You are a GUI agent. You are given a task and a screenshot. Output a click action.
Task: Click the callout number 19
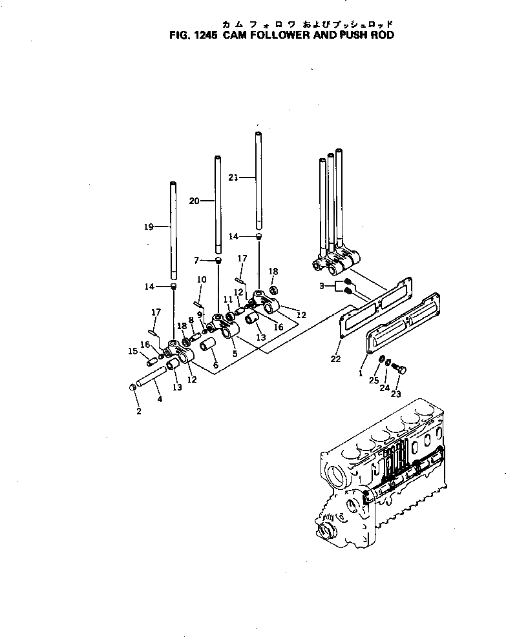pyautogui.click(x=148, y=227)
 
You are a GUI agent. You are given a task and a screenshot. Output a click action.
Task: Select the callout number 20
pyautogui.click(x=193, y=201)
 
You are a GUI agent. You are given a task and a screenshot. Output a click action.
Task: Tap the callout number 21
pyautogui.click(x=233, y=176)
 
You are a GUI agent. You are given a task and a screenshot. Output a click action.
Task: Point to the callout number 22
pyautogui.click(x=335, y=359)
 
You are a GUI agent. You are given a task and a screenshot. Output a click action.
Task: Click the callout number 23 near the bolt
pyautogui.click(x=396, y=393)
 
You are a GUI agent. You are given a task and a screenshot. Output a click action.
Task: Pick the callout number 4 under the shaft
pyautogui.click(x=159, y=399)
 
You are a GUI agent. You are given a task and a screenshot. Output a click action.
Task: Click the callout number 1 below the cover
pyautogui.click(x=360, y=374)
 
